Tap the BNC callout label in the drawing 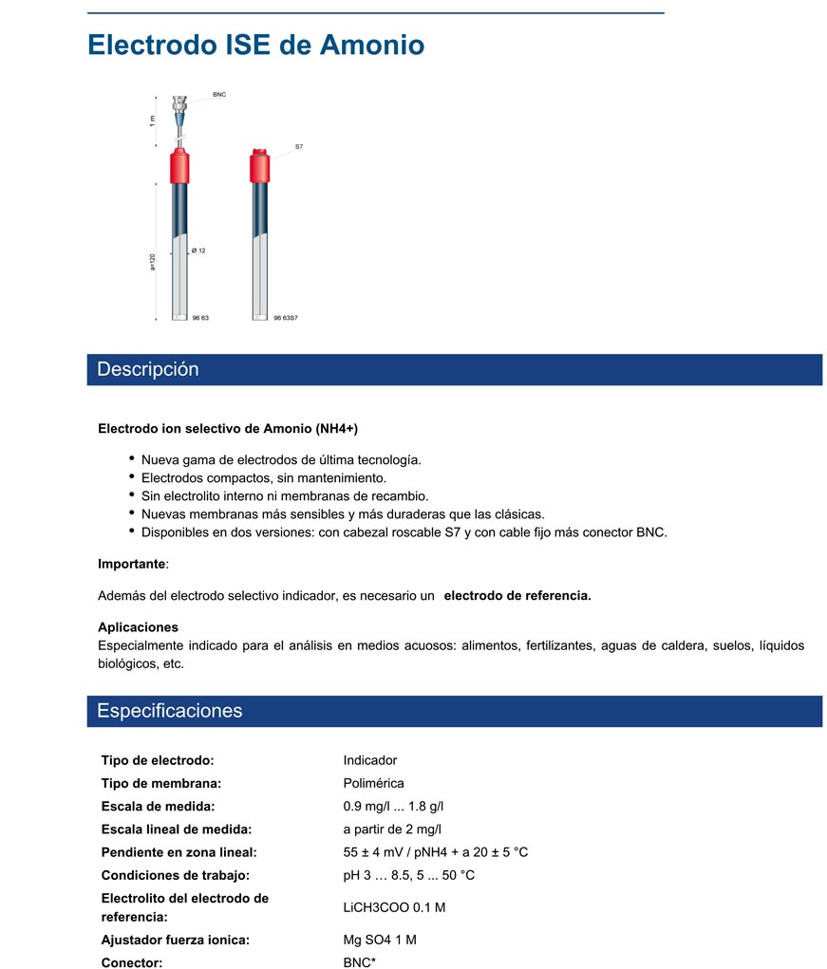point(219,95)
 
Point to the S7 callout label point(298,147)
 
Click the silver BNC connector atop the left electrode point(179,106)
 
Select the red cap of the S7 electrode point(259,166)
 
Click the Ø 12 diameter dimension point(198,250)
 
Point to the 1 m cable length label point(152,121)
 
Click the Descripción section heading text point(148,369)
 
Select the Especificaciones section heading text point(170,711)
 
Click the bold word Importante point(131,564)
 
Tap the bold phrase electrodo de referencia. point(517,596)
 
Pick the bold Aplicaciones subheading point(138,627)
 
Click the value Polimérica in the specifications point(373,783)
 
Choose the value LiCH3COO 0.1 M point(394,907)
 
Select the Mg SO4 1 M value point(380,940)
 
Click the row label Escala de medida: point(158,806)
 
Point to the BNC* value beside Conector point(360,961)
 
